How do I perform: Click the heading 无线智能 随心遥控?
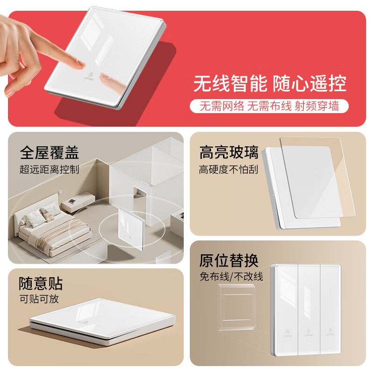coord(270,84)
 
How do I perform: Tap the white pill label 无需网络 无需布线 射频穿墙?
coord(270,106)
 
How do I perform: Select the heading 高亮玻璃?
coord(229,152)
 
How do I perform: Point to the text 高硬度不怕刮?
coord(229,169)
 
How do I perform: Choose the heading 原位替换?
coord(229,260)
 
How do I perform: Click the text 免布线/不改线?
coord(231,276)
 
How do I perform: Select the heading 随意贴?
coord(41,283)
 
